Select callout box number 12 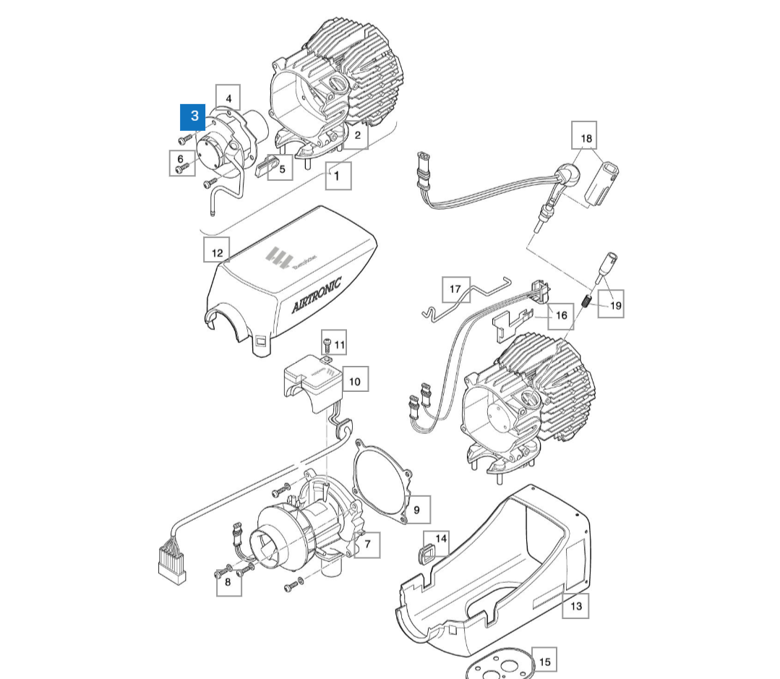click(216, 252)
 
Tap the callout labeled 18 click(586, 137)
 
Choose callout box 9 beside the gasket click(416, 510)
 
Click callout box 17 click(455, 289)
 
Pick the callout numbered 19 click(615, 304)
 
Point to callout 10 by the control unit click(354, 380)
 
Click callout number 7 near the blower click(367, 544)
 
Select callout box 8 click(228, 584)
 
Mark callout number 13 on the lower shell click(575, 605)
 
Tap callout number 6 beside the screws click(181, 158)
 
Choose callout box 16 click(561, 315)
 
